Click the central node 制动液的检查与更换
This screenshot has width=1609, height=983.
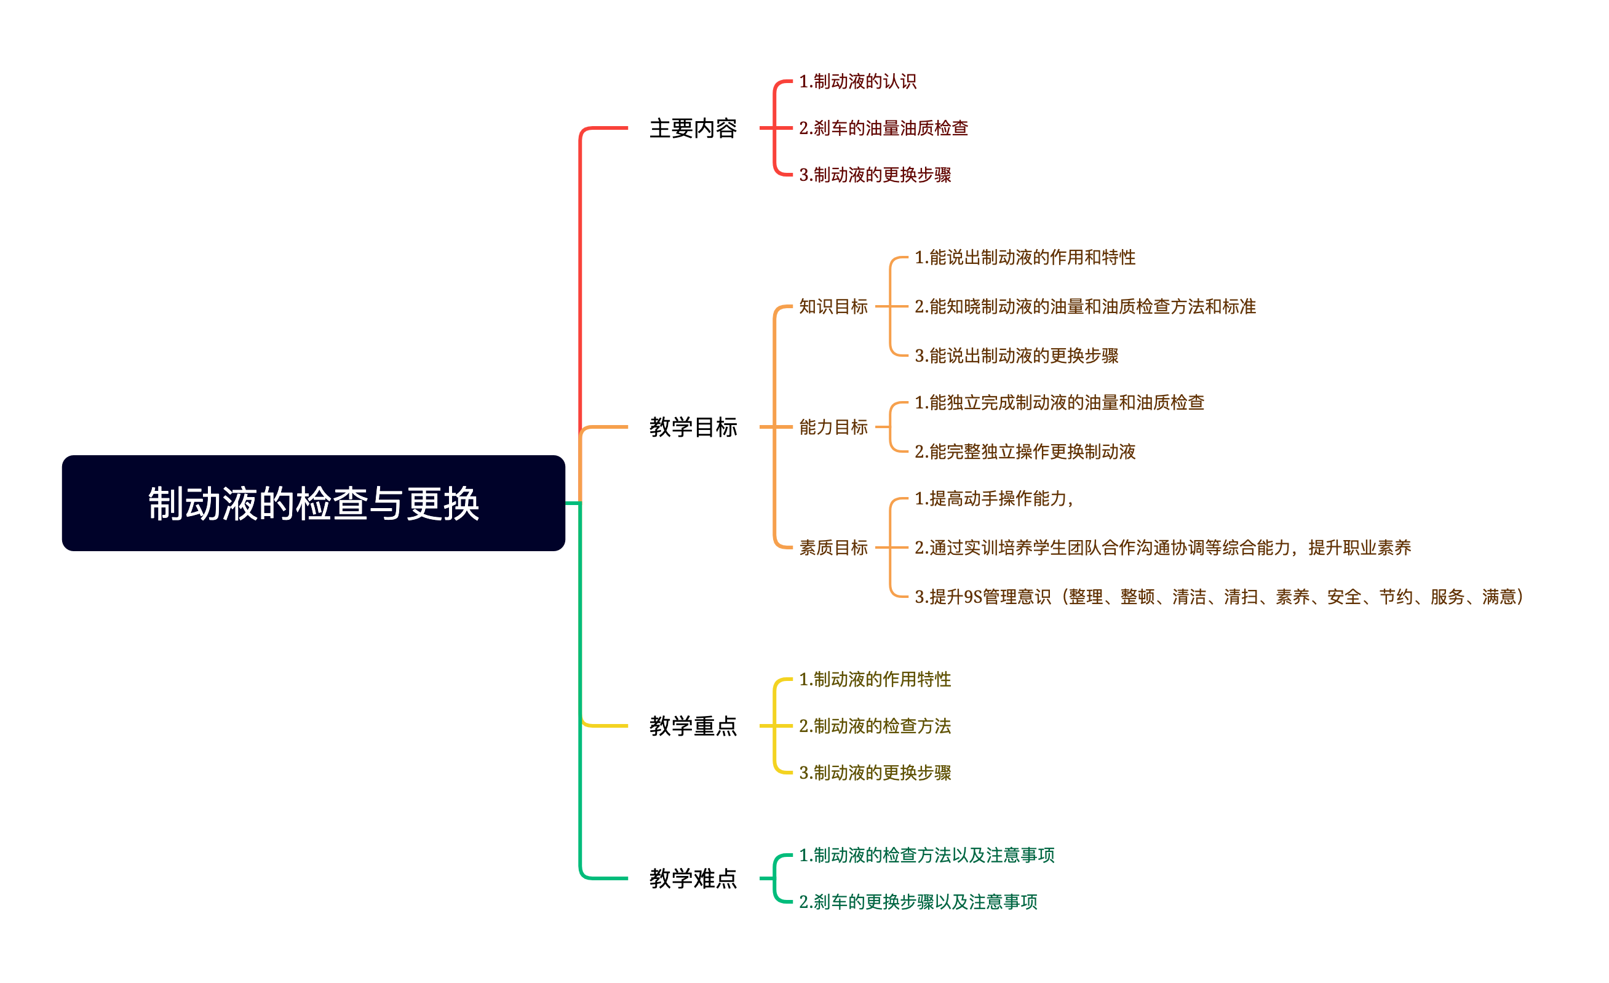coord(314,503)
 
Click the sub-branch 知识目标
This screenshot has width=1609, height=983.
coord(833,306)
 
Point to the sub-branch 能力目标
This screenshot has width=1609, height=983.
coord(833,427)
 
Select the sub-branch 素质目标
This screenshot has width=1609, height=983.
coord(833,547)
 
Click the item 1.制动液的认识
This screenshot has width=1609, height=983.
coord(857,81)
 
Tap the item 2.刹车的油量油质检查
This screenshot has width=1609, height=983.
coord(883,128)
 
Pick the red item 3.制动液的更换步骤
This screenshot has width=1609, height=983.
coord(875,174)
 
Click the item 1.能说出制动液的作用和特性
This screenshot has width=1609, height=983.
coord(1025,257)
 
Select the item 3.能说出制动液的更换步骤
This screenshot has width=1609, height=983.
coord(1016,356)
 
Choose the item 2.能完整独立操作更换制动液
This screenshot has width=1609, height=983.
coord(1025,452)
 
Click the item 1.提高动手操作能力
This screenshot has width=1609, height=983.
coord(993,498)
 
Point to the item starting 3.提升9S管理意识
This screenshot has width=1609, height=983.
coord(1218,596)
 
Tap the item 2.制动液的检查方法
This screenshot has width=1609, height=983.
coord(875,726)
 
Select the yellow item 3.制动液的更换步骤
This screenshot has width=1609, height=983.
coord(875,773)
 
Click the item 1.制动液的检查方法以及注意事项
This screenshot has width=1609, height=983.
coord(926,855)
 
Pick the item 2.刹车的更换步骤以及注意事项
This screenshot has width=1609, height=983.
coord(918,901)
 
